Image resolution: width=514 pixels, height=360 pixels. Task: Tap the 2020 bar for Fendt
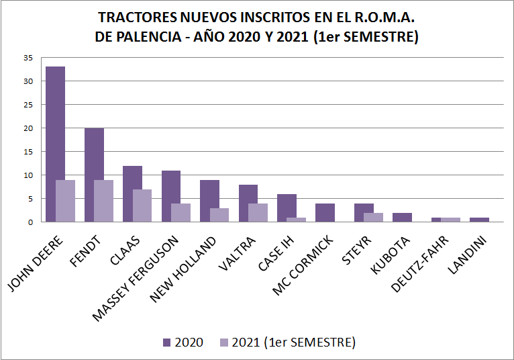tap(94, 175)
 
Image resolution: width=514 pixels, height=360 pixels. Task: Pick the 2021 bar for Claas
tap(142, 206)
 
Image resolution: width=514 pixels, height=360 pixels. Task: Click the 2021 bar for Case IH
tap(297, 220)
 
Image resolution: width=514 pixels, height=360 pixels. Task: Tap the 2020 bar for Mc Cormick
tap(325, 212)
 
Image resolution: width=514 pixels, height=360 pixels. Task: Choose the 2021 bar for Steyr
tap(374, 217)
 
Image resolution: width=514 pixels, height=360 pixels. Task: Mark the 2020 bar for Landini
tap(479, 220)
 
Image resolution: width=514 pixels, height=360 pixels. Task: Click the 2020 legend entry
tap(183, 342)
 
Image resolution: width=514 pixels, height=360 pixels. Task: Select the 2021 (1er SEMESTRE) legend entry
tap(287, 342)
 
